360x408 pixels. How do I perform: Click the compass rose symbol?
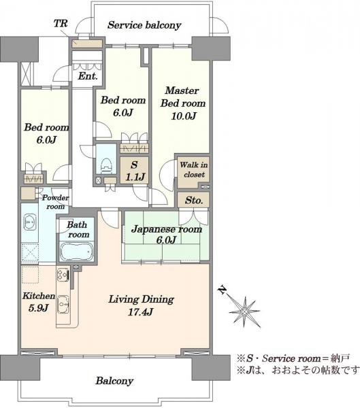click(244, 311)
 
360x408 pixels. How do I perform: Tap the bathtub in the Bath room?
click(77, 251)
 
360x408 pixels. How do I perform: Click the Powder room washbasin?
click(30, 222)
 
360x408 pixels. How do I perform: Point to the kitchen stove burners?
click(63, 275)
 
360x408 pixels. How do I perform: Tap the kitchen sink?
click(63, 305)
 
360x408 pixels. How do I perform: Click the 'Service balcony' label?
click(144, 25)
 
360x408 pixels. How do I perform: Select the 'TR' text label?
click(61, 24)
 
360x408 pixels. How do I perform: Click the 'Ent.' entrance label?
click(88, 76)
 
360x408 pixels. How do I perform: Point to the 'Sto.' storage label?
click(194, 201)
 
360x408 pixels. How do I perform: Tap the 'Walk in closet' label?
click(194, 169)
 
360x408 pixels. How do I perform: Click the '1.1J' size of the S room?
click(135, 177)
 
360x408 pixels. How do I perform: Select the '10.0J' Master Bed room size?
click(183, 116)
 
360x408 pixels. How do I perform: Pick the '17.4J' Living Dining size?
click(140, 311)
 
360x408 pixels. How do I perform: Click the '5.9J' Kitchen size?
click(38, 308)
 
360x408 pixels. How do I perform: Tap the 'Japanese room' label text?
click(167, 229)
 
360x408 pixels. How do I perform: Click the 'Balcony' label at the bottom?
click(114, 381)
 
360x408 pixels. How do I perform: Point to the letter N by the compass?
click(223, 290)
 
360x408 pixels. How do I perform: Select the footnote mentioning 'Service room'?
click(293, 358)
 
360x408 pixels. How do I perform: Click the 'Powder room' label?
click(55, 202)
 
